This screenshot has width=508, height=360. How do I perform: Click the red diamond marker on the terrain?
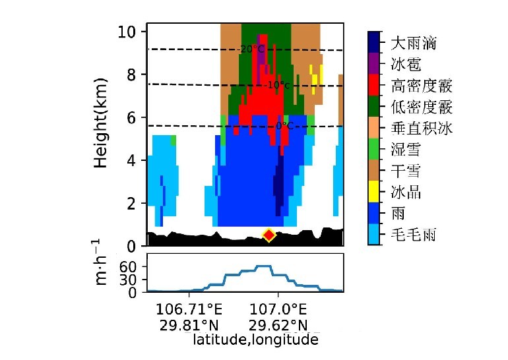tap(269, 235)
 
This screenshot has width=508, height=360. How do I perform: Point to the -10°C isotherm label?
tap(277, 85)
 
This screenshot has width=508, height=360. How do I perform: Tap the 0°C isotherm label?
tap(284, 125)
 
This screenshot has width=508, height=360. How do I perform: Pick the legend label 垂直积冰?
tap(422, 129)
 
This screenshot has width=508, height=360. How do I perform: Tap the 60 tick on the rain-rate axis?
tap(127, 266)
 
